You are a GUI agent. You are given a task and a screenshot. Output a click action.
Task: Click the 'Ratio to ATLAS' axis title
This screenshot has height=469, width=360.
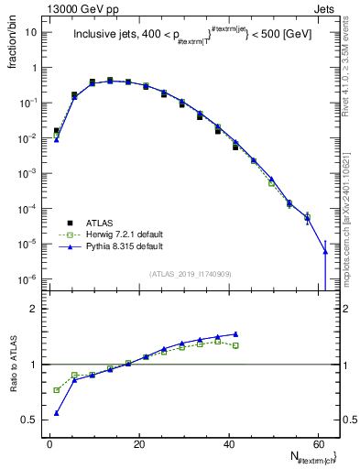pyautogui.click(x=13, y=365)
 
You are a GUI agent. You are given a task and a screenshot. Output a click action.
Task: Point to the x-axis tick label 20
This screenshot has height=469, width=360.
pyautogui.click(x=138, y=443)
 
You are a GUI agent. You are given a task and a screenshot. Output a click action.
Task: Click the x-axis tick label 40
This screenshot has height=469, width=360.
pyautogui.click(x=228, y=443)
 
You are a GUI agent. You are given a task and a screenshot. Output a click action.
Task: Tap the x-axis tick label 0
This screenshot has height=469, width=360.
pyautogui.click(x=49, y=443)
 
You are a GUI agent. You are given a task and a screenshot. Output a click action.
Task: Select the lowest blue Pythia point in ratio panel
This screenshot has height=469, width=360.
pyautogui.click(x=57, y=413)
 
